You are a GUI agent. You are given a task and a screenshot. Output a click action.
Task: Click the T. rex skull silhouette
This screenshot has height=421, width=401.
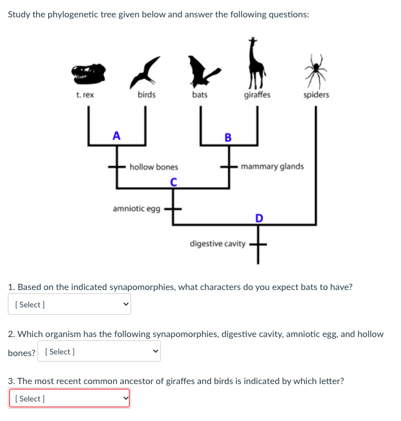[88, 72]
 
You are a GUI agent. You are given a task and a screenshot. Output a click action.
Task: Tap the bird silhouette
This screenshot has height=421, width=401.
[147, 69]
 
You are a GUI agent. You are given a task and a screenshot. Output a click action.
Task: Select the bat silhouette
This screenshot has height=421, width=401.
[201, 70]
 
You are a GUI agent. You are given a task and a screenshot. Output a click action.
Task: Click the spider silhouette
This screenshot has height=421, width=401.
[318, 68]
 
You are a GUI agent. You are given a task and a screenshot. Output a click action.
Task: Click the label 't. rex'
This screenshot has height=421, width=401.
[85, 95]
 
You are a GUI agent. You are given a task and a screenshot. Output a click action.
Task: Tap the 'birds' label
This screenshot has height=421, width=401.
[147, 95]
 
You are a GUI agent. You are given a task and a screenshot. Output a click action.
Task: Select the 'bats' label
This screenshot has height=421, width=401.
[199, 95]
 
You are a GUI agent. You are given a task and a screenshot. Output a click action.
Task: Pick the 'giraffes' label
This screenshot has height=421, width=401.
[257, 95]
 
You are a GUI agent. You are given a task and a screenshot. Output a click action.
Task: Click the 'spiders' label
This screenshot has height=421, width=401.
[316, 95]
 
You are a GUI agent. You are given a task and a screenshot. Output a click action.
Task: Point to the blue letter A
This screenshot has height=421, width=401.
[116, 135]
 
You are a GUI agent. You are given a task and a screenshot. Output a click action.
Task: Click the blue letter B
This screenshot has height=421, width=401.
[227, 137]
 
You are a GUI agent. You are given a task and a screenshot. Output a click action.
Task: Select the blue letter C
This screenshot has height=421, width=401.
[174, 181]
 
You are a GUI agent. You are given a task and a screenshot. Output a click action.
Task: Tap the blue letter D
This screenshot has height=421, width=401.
[258, 217]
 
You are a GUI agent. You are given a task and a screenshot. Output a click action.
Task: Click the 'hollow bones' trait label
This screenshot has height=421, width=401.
[153, 167]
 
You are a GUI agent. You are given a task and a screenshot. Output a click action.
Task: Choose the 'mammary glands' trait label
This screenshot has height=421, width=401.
[272, 166]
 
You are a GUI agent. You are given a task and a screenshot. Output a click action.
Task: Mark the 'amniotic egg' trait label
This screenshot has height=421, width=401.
[136, 208]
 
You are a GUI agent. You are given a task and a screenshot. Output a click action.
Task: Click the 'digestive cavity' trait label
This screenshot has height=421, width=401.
[218, 244]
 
